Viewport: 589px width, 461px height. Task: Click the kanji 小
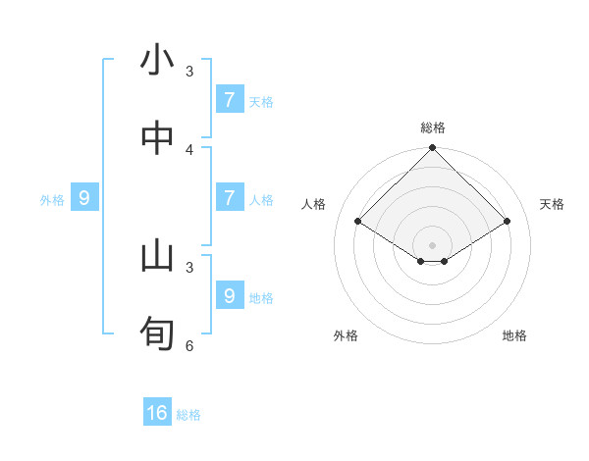(x=157, y=61)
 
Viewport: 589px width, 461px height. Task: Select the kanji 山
(x=157, y=256)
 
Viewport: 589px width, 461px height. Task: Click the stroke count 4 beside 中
(x=189, y=149)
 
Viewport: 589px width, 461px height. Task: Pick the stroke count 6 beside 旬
(x=189, y=345)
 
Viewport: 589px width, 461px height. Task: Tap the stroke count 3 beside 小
(x=189, y=72)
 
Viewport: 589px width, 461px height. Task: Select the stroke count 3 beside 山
(x=189, y=267)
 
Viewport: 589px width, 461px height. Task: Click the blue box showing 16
(x=157, y=413)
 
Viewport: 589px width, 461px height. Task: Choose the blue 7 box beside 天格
(x=229, y=99)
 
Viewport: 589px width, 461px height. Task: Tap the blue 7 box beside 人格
(x=229, y=198)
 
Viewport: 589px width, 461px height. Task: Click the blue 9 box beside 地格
(x=229, y=295)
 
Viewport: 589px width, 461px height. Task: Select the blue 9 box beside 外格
(x=84, y=198)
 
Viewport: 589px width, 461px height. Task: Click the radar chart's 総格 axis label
(x=433, y=128)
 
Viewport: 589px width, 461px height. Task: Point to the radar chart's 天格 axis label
(x=552, y=204)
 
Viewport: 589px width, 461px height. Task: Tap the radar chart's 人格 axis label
(x=314, y=204)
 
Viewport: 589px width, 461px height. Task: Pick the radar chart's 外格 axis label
(x=346, y=335)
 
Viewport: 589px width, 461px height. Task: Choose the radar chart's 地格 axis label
(x=514, y=335)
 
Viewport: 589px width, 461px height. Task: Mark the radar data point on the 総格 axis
(x=433, y=149)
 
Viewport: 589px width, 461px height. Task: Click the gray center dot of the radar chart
(x=433, y=245)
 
